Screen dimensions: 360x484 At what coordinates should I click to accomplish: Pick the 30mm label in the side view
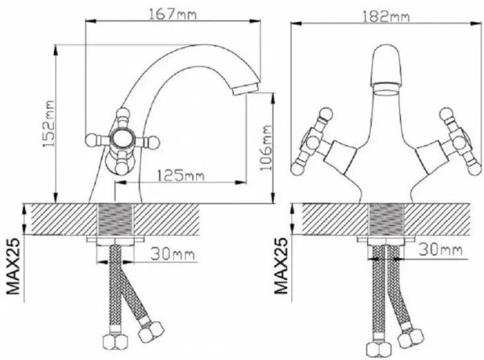click(x=173, y=256)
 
